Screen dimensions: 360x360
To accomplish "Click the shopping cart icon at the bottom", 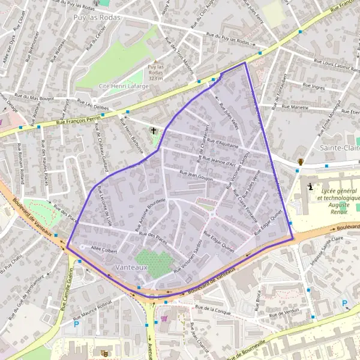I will point(164,319).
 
